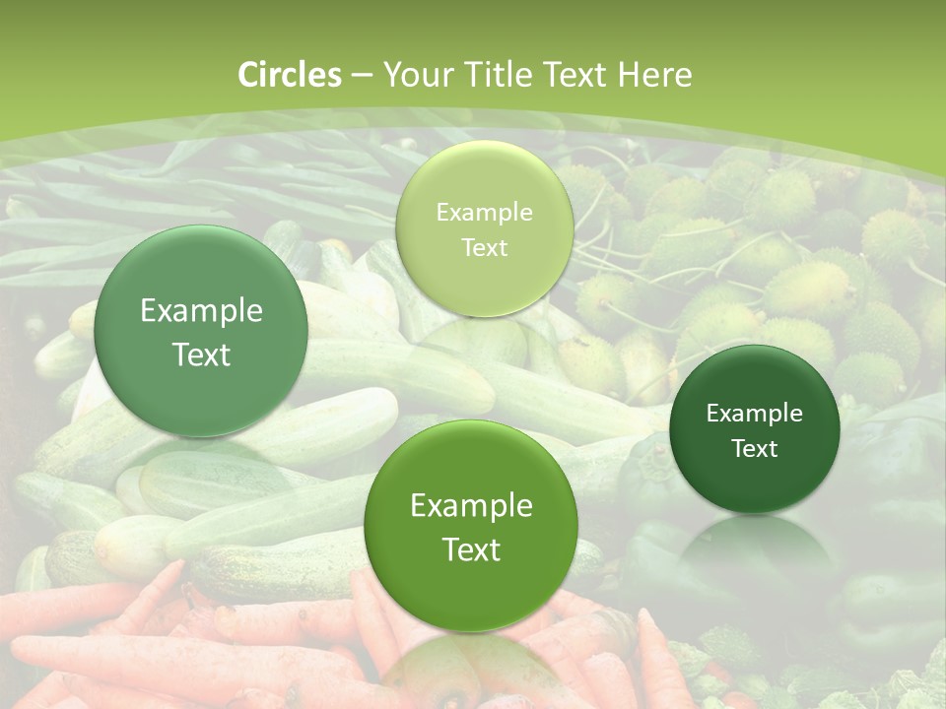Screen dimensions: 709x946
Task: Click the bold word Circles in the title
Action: pyautogui.click(x=290, y=75)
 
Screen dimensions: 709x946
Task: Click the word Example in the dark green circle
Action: pyautogui.click(x=755, y=414)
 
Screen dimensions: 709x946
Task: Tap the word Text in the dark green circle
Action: pyautogui.click(x=755, y=449)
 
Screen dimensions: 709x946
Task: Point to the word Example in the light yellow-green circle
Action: pyautogui.click(x=484, y=213)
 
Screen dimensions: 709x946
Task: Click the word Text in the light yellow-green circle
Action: pyautogui.click(x=484, y=248)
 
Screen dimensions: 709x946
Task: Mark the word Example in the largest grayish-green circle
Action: pyautogui.click(x=201, y=311)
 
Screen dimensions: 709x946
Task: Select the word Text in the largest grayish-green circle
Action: pyautogui.click(x=201, y=354)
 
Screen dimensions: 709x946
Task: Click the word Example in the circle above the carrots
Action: pyautogui.click(x=471, y=506)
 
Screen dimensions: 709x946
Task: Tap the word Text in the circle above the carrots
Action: pyautogui.click(x=471, y=549)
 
